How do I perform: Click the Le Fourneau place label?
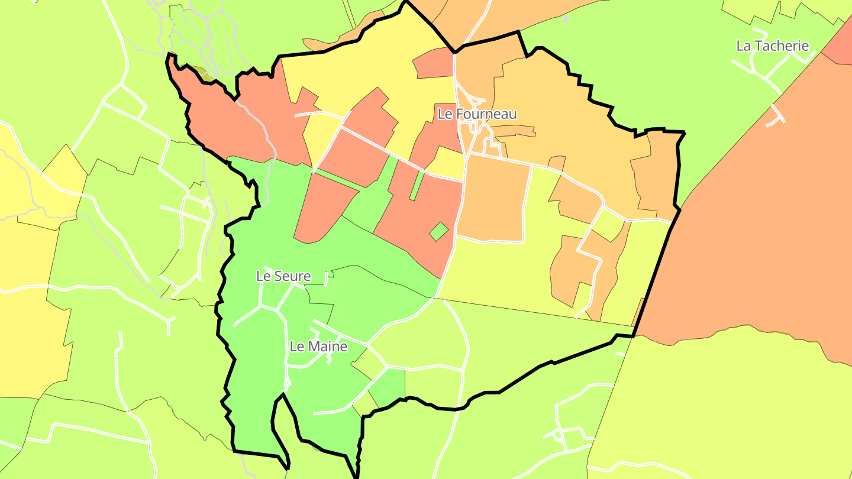coord(477,114)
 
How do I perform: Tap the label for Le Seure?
coord(283,276)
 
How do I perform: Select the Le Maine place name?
coord(318,347)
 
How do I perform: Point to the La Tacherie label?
coord(772,46)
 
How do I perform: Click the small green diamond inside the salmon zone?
coord(438,231)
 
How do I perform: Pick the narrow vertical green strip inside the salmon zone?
coord(417,185)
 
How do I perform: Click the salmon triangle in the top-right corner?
coord(840,44)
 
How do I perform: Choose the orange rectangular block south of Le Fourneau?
coord(495,198)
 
